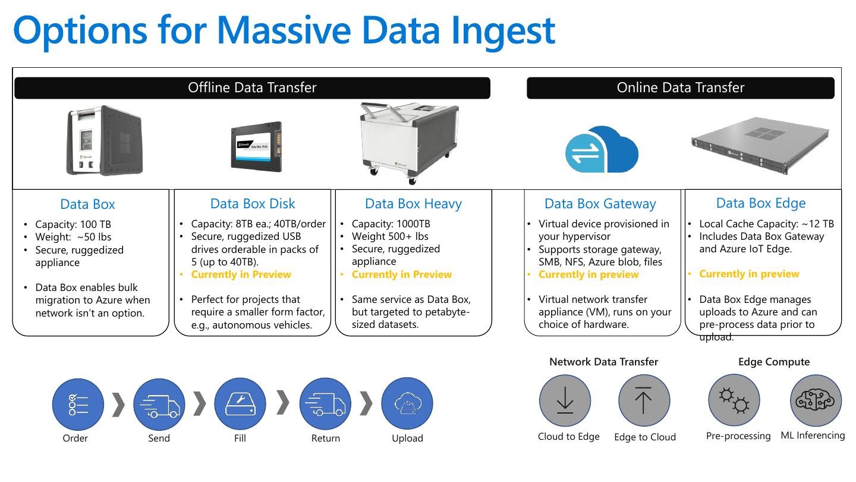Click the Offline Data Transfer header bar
coord(252,88)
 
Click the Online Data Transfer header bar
coord(680,88)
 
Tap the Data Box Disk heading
coord(253,204)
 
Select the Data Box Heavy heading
coord(413,204)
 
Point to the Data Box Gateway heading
coord(600,204)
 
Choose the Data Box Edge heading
coord(761,203)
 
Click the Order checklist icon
coord(78,405)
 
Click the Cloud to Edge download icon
coord(565,400)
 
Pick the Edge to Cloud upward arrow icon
coord(644,400)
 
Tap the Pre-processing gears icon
coord(734,400)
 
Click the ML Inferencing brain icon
coord(816,400)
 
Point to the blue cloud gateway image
coord(601,149)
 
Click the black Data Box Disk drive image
coord(256,146)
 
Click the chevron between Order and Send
coord(119,404)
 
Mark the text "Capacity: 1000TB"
coord(391,224)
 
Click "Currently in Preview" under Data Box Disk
coord(241,274)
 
